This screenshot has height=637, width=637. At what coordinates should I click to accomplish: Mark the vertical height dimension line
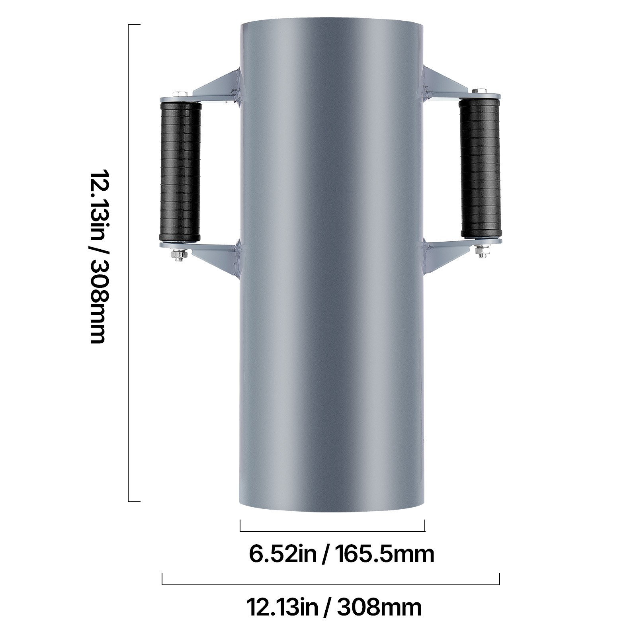pyautogui.click(x=129, y=263)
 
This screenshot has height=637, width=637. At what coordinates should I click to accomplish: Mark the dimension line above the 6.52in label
pyautogui.click(x=332, y=531)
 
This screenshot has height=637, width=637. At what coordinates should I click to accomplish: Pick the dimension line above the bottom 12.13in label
pyautogui.click(x=330, y=584)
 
